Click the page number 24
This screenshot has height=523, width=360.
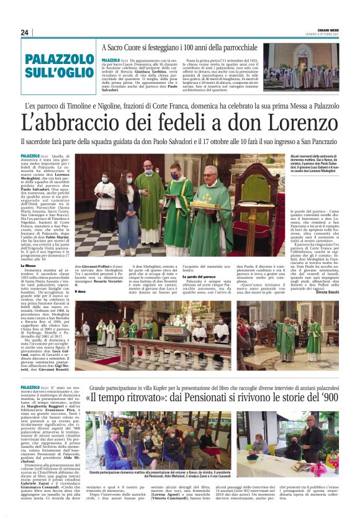click(x=25, y=32)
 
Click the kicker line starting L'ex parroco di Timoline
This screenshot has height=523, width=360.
click(x=179, y=106)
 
